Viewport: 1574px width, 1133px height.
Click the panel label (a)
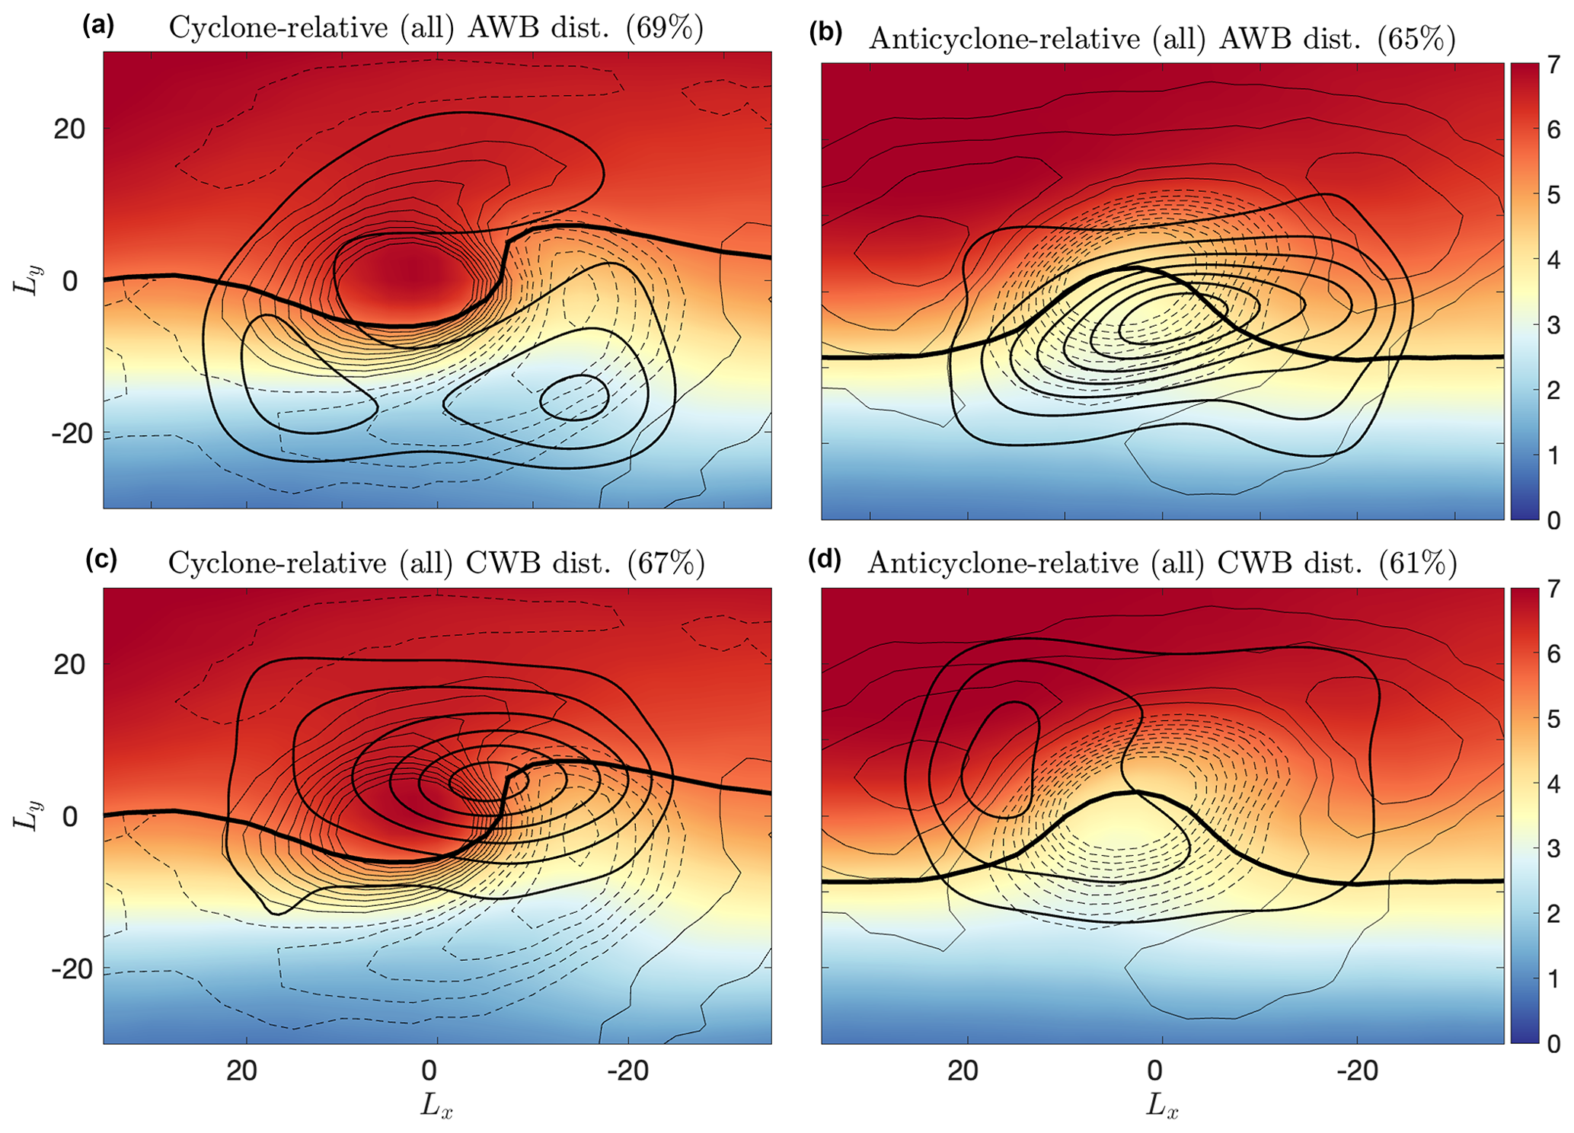click(x=98, y=27)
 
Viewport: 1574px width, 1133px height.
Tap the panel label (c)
click(x=101, y=560)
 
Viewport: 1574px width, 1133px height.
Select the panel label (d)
click(x=824, y=561)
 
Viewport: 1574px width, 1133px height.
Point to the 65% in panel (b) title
click(x=1416, y=38)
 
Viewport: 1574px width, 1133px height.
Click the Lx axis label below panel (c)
click(x=436, y=1106)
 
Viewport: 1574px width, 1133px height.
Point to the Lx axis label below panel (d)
click(x=1162, y=1106)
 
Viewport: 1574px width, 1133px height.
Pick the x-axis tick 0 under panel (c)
click(x=429, y=1071)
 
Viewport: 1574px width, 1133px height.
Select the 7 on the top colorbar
click(x=1553, y=65)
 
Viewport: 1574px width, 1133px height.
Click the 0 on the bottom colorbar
click(x=1553, y=1043)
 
